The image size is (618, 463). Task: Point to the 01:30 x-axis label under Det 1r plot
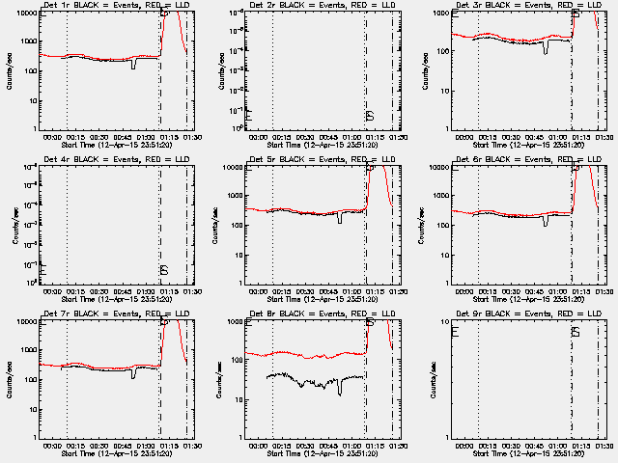point(190,136)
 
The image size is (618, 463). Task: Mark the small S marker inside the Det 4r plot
point(164,269)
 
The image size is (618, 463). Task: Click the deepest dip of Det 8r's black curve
point(339,394)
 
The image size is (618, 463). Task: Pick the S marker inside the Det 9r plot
point(576,332)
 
